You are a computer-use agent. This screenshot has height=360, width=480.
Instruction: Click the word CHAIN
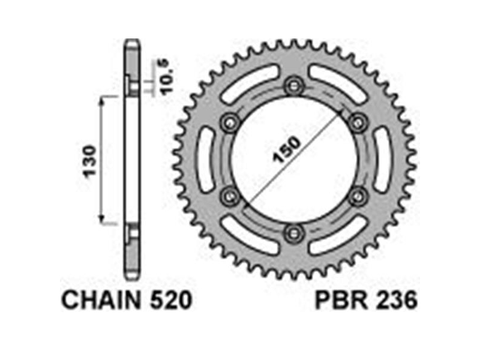[101, 301]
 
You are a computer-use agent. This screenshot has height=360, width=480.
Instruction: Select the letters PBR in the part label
[341, 301]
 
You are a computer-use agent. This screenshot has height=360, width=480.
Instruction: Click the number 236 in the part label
[397, 301]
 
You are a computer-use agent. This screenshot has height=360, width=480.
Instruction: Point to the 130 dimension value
[91, 161]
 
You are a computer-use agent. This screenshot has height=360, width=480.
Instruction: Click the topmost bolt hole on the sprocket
[295, 86]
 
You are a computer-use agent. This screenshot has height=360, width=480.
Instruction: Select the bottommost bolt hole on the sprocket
[295, 233]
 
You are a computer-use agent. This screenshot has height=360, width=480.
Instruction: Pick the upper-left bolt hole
[230, 123]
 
